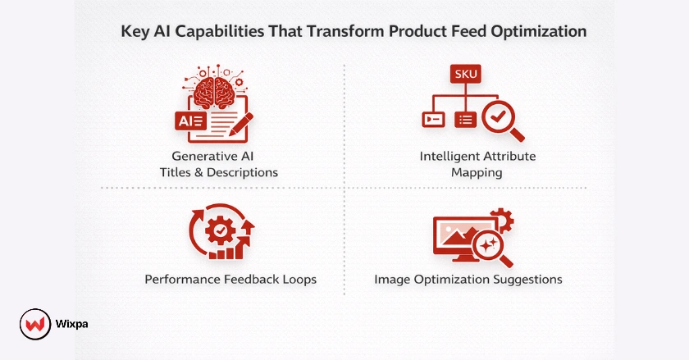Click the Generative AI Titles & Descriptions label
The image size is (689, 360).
[x=219, y=164]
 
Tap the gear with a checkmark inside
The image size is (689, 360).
[x=220, y=232]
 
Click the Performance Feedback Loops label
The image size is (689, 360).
[x=230, y=280]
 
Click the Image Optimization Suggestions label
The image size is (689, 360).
[x=468, y=280]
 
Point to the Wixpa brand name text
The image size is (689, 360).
[x=73, y=324]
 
